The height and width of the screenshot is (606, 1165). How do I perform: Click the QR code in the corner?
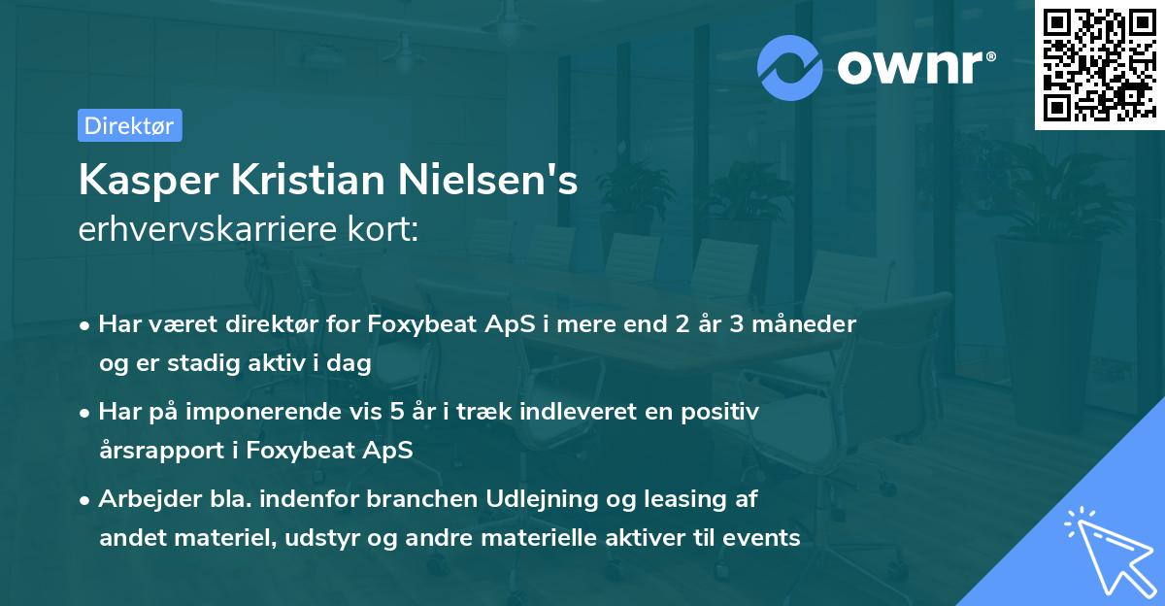point(1096,64)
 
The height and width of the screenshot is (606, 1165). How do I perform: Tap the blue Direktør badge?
point(129,125)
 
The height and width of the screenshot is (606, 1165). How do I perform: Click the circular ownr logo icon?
point(791,67)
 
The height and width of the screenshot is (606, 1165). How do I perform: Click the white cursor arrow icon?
point(1107,549)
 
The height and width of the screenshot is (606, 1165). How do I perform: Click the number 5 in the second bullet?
point(397,412)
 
